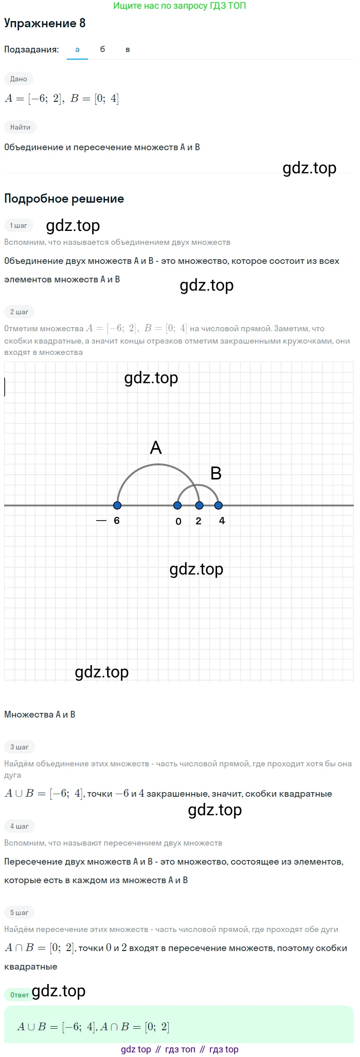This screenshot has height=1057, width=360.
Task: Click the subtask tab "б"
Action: (102, 49)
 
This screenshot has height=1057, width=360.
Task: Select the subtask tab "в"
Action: (128, 49)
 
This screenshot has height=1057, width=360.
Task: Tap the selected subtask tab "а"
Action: (78, 49)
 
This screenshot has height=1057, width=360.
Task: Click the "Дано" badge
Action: (19, 79)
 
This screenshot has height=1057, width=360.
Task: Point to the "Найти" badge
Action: (20, 127)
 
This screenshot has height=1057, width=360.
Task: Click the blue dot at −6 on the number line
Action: (117, 505)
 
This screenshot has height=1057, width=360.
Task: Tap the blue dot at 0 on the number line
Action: (178, 505)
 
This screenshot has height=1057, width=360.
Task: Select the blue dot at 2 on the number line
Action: (200, 505)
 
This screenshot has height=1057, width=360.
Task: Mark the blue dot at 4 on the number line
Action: (219, 505)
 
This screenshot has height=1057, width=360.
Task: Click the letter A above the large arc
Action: (156, 447)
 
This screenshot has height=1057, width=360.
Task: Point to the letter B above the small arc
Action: (216, 473)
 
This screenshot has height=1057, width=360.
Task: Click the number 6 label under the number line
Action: (117, 521)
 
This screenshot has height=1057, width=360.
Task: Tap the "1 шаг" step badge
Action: (19, 225)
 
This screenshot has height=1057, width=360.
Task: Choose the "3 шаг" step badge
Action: (20, 747)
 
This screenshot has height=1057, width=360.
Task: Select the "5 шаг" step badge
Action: (20, 912)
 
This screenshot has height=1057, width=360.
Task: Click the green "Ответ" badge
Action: (20, 995)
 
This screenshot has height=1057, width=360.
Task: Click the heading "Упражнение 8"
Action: (45, 23)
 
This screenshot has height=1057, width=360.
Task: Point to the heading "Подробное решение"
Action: (64, 199)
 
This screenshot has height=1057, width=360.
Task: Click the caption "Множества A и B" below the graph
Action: (40, 714)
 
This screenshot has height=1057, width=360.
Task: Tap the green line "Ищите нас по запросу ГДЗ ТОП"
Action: (179, 6)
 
